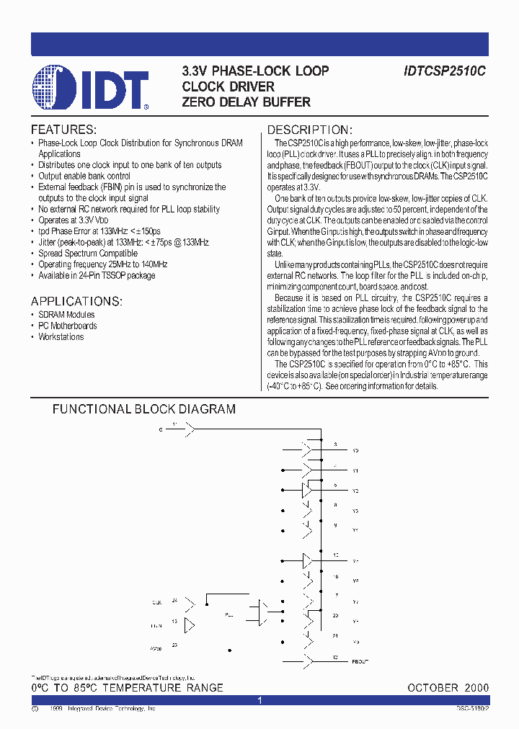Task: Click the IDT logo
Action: pos(91,87)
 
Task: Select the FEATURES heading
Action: pos(63,130)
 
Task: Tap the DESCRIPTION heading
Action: pos(310,130)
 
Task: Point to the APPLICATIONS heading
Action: pos(76,301)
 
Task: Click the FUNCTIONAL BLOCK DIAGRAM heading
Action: pos(144,409)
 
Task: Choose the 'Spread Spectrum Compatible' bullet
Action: pos(87,254)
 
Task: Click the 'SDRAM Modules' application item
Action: pos(66,315)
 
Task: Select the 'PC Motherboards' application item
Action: pos(68,326)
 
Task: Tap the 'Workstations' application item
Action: pos(61,337)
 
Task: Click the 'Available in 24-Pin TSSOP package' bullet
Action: pos(97,276)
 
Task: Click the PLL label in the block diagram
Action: pos(229,615)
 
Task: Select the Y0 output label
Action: pos(355,450)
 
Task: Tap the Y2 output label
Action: pos(355,491)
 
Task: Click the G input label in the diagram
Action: pos(161,429)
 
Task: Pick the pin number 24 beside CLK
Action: pos(174,599)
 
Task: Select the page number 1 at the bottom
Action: pos(259,700)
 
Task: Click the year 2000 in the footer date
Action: pos(476,688)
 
